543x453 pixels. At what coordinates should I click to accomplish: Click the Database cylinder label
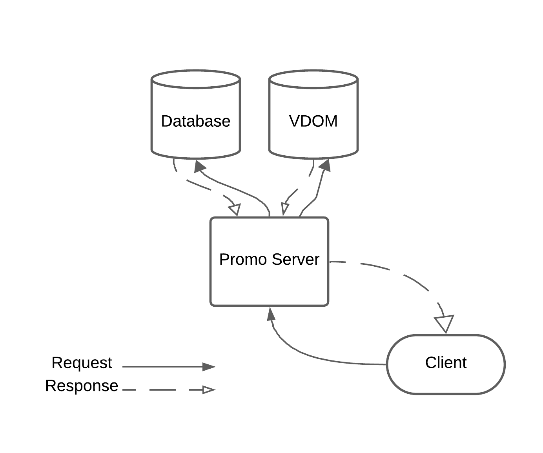click(195, 121)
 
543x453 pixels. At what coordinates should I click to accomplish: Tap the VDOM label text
click(313, 121)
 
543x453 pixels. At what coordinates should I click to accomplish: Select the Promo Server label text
click(269, 260)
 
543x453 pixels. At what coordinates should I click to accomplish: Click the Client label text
click(446, 363)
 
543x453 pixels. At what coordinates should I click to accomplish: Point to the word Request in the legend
click(82, 363)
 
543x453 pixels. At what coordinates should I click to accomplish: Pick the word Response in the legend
click(82, 386)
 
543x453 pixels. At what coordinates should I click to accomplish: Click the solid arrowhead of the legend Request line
click(209, 367)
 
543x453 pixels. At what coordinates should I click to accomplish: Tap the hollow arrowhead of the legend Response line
click(209, 390)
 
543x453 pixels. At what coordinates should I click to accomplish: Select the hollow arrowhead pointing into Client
click(445, 324)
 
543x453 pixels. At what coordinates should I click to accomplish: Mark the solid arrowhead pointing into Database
click(200, 166)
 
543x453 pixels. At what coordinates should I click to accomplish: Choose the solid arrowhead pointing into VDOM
click(325, 165)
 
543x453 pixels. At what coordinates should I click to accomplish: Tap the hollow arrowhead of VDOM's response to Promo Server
click(284, 208)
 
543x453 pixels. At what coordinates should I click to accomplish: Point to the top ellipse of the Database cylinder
click(195, 77)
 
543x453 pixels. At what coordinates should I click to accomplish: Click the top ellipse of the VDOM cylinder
click(313, 77)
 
